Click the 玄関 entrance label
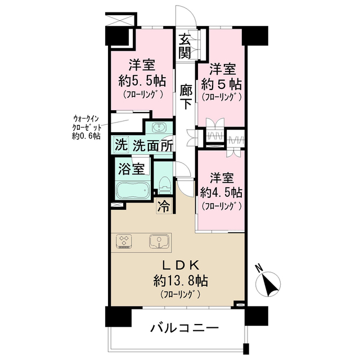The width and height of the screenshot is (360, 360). [x=185, y=46]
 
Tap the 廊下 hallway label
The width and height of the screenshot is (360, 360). [x=186, y=96]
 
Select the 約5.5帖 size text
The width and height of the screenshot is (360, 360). [x=142, y=81]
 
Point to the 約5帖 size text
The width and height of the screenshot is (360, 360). [x=221, y=84]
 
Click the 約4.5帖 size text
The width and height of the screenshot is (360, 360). [x=221, y=192]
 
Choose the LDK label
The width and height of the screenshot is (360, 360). [x=181, y=266]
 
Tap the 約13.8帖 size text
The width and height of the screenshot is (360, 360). [x=181, y=281]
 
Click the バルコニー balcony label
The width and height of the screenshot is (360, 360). [x=184, y=328]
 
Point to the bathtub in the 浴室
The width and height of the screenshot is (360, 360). [x=133, y=190]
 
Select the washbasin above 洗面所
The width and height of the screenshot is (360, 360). [x=159, y=128]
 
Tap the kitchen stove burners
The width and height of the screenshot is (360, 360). [x=124, y=241]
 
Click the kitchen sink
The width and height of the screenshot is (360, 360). [x=159, y=241]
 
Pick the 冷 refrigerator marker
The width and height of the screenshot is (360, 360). [x=164, y=206]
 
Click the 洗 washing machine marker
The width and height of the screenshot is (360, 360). [x=121, y=145]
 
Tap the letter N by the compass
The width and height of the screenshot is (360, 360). [x=259, y=268]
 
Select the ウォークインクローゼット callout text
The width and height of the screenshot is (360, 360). [x=86, y=128]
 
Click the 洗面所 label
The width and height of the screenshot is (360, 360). [x=153, y=145]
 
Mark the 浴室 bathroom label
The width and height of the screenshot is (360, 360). [x=131, y=169]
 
